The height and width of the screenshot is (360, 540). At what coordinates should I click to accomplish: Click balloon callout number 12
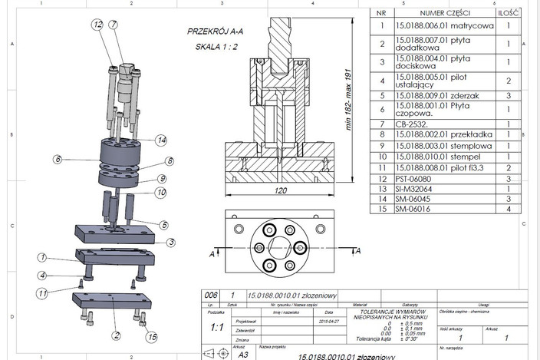click(97, 25)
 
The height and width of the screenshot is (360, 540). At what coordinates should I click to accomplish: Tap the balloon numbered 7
click(113, 25)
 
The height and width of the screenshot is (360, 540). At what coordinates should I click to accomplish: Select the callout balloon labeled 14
click(161, 140)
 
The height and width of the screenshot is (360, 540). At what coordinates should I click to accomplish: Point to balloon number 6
click(58, 160)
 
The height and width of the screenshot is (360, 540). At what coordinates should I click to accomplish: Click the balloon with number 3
click(172, 242)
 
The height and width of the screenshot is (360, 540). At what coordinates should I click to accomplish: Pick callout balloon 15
click(153, 336)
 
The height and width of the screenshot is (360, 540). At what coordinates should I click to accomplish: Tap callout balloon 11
click(43, 292)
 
